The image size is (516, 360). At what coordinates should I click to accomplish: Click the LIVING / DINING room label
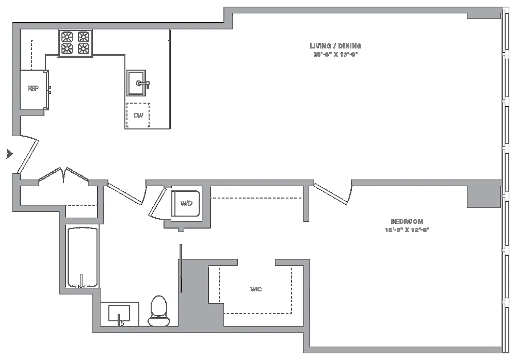pos(335,46)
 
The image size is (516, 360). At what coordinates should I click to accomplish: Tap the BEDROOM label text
pos(407,221)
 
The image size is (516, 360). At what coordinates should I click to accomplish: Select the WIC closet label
pos(256,289)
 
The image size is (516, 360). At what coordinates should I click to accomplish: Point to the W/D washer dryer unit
pos(186,204)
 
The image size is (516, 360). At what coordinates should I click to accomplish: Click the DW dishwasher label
pos(138,116)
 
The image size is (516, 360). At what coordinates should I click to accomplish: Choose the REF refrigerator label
pos(33,89)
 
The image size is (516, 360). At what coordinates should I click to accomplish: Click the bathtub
pos(83,256)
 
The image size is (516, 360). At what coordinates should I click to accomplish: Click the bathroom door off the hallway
pos(125,194)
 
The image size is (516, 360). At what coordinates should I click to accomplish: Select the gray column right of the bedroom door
pos(484,194)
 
